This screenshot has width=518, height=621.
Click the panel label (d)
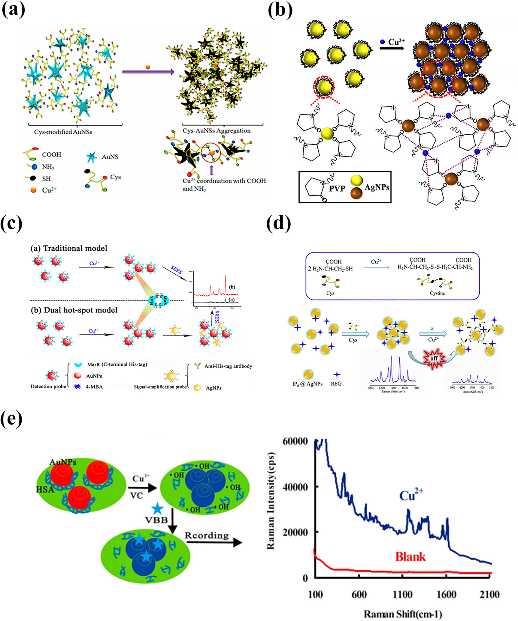click(278, 223)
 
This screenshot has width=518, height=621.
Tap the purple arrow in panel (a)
click(148, 72)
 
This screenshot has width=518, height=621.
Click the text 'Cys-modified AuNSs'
click(63, 132)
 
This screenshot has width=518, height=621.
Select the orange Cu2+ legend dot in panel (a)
click(33, 190)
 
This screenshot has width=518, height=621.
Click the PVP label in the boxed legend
click(337, 188)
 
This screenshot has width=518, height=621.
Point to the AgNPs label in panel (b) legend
click(377, 187)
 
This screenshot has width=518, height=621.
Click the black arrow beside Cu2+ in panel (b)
click(392, 48)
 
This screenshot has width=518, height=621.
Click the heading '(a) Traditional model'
click(69, 248)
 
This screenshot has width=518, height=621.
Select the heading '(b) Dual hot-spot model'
click(74, 310)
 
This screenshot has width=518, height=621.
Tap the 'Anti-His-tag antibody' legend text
click(228, 366)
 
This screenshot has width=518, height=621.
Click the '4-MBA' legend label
click(94, 387)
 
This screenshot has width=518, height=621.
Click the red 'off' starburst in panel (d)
click(434, 358)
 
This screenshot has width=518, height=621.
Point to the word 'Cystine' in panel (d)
click(437, 293)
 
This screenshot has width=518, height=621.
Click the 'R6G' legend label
click(336, 384)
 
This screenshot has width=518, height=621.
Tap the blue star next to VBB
click(157, 509)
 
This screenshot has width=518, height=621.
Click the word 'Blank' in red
click(410, 557)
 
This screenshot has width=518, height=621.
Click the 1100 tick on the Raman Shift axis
click(402, 594)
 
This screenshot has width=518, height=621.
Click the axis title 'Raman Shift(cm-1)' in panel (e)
click(403, 614)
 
